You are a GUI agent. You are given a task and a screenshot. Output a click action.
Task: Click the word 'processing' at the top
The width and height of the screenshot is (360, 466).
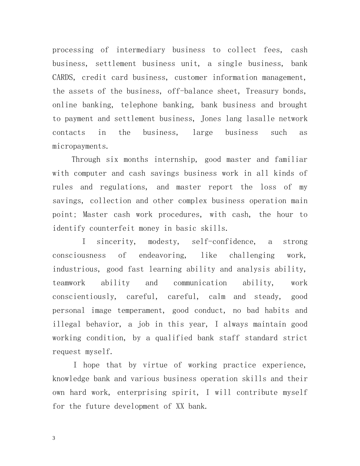pyautogui.click(x=73, y=50)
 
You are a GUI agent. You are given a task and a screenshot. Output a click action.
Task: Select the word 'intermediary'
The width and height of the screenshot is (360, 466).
pyautogui.click(x=141, y=50)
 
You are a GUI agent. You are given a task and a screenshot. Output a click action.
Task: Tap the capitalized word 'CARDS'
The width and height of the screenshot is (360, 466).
pyautogui.click(x=64, y=78)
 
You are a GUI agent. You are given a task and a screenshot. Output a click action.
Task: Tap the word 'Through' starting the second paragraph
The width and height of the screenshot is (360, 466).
pyautogui.click(x=86, y=160)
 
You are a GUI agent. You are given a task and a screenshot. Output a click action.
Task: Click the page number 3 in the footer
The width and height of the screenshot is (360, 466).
pyautogui.click(x=54, y=438)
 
